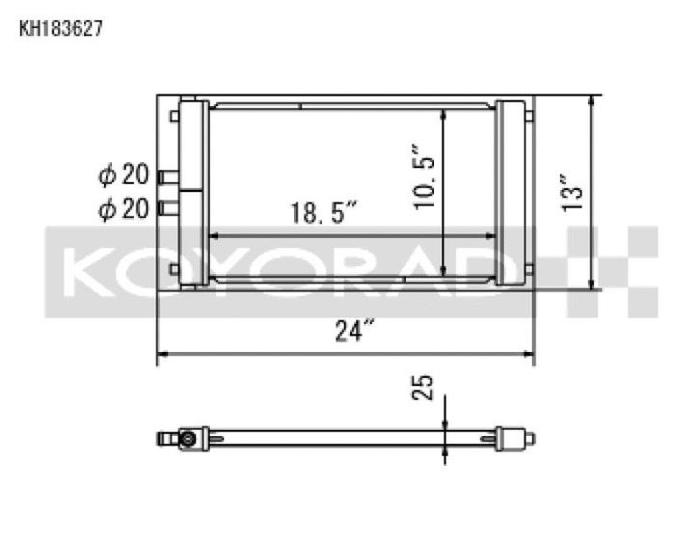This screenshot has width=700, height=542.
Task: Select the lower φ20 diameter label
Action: click(123, 207)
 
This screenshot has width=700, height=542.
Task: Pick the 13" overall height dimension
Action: click(575, 192)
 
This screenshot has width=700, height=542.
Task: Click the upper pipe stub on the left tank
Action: click(168, 176)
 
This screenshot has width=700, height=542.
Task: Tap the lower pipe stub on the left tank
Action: click(168, 206)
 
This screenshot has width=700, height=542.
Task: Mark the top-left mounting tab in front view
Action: click(174, 117)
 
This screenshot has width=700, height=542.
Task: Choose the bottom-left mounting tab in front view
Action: click(174, 269)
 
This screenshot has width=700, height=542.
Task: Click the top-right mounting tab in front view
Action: click(528, 117)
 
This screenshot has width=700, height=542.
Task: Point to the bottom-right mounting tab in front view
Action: click(528, 269)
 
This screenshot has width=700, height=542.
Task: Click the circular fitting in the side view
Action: click(185, 439)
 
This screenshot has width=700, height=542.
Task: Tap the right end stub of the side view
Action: click(528, 439)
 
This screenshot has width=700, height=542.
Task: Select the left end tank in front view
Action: click(191, 193)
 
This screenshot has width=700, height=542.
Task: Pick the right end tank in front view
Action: click(509, 193)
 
